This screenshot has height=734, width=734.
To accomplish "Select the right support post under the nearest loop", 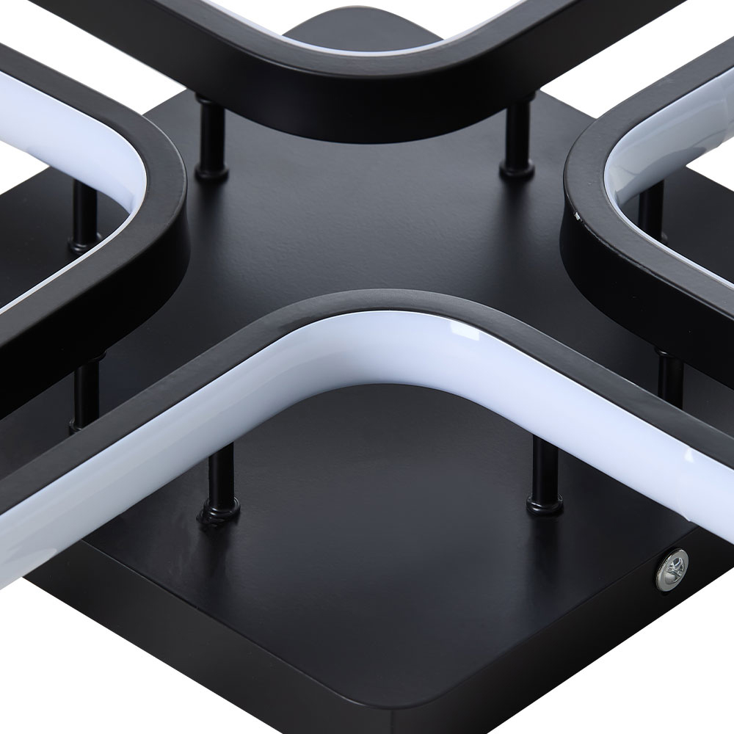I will [x=541, y=470].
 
